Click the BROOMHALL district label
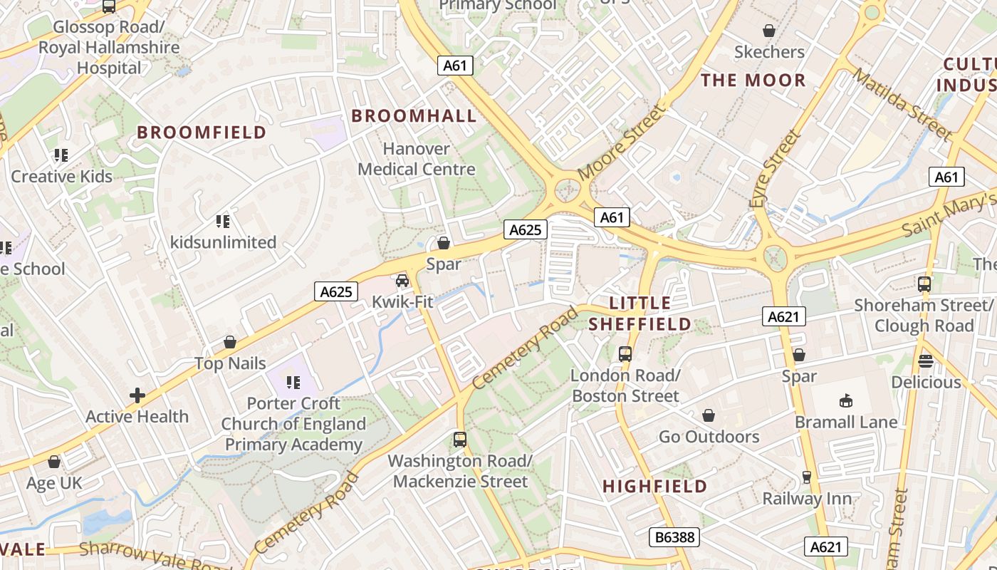(414, 116)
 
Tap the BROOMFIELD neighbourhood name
(202, 133)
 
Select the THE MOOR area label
(753, 81)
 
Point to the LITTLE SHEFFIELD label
(640, 313)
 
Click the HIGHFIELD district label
(655, 487)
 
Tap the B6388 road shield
(674, 537)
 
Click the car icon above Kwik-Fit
(402, 281)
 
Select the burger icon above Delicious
(926, 361)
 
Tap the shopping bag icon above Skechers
(769, 31)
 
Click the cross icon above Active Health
(137, 395)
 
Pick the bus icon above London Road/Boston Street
(625, 353)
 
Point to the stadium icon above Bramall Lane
(845, 400)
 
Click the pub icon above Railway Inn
(807, 477)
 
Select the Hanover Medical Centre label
(417, 159)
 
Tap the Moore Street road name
(622, 142)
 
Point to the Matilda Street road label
(902, 104)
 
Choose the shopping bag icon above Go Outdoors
(709, 415)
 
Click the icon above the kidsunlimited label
(223, 222)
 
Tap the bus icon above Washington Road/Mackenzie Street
(460, 440)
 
